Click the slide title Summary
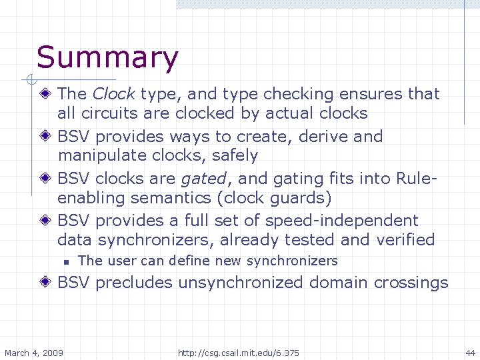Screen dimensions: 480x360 coord(107,58)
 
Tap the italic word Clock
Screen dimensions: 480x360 coord(114,94)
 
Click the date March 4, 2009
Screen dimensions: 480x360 coord(34,352)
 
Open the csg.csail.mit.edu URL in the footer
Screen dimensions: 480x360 coord(239,352)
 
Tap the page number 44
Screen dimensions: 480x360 coord(470,352)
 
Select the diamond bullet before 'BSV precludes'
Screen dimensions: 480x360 coord(47,283)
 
